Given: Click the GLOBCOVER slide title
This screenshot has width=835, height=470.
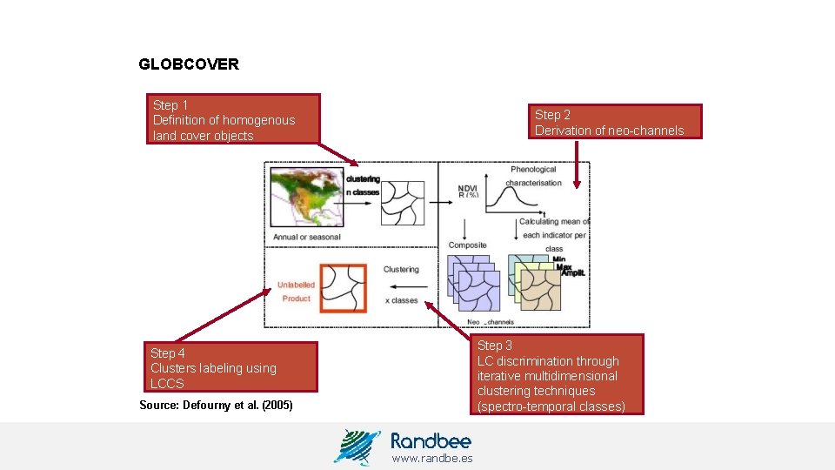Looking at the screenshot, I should click(x=189, y=64).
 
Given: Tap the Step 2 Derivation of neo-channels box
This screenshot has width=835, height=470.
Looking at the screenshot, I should click(x=616, y=122).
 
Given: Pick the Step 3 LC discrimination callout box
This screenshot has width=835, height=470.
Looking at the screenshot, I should click(x=559, y=375).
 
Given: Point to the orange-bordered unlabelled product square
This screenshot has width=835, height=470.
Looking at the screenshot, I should click(x=341, y=287).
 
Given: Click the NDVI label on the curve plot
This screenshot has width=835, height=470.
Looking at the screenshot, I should click(x=469, y=187).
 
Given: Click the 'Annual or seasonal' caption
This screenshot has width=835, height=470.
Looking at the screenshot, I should click(x=307, y=237).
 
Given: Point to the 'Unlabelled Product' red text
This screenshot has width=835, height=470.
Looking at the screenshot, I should click(x=296, y=292).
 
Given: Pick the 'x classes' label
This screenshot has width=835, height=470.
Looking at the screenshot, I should click(x=401, y=300).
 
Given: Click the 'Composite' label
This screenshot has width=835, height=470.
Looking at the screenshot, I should click(x=467, y=245).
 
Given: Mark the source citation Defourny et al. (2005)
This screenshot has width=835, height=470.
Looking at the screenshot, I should click(x=216, y=406).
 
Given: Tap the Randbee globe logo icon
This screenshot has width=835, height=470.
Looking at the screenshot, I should click(x=357, y=446).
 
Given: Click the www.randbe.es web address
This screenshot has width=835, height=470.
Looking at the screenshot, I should click(x=431, y=459).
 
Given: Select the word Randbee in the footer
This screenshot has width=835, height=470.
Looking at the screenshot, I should click(x=431, y=440).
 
